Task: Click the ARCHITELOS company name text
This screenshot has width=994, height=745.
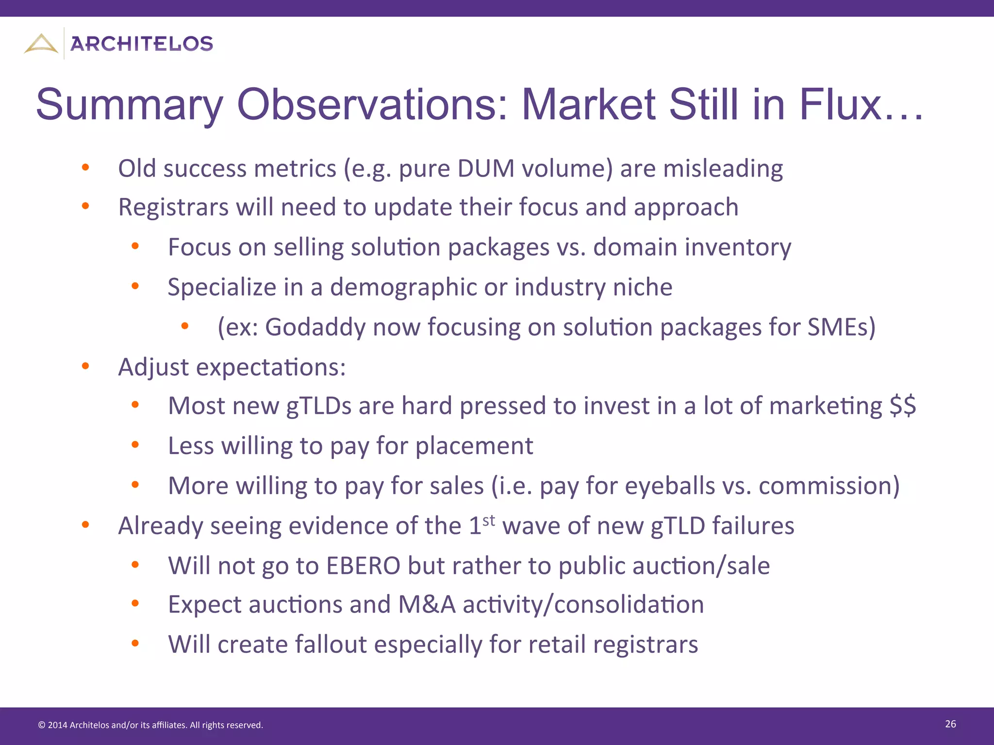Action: coord(142,44)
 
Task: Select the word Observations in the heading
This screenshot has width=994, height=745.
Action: coord(372,105)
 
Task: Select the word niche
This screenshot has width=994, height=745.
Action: coord(643,287)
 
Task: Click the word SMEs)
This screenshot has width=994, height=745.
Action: coord(842,327)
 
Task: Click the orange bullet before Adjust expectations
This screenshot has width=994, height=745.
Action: coord(85,366)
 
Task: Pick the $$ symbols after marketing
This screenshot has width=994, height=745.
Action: coord(903,405)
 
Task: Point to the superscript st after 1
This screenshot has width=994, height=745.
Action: coord(489,520)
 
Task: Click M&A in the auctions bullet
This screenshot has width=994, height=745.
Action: coord(427,605)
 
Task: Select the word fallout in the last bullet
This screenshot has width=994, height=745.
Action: coord(331,645)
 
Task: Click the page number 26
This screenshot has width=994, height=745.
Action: coord(950,724)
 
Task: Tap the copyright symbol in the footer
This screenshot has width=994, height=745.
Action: coord(41,725)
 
